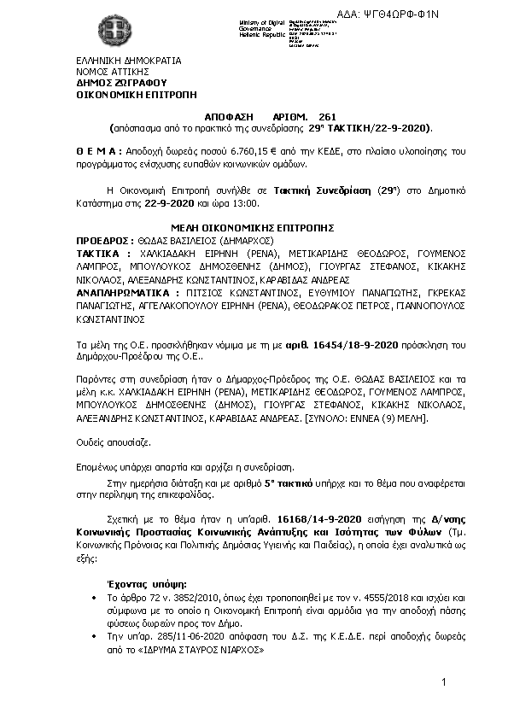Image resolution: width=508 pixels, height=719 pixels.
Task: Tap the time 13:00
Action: click(x=243, y=204)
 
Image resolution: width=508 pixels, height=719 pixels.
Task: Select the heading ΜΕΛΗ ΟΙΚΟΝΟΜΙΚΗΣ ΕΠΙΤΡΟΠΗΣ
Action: click(x=251, y=229)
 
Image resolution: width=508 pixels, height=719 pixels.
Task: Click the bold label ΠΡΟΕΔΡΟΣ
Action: click(x=102, y=241)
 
